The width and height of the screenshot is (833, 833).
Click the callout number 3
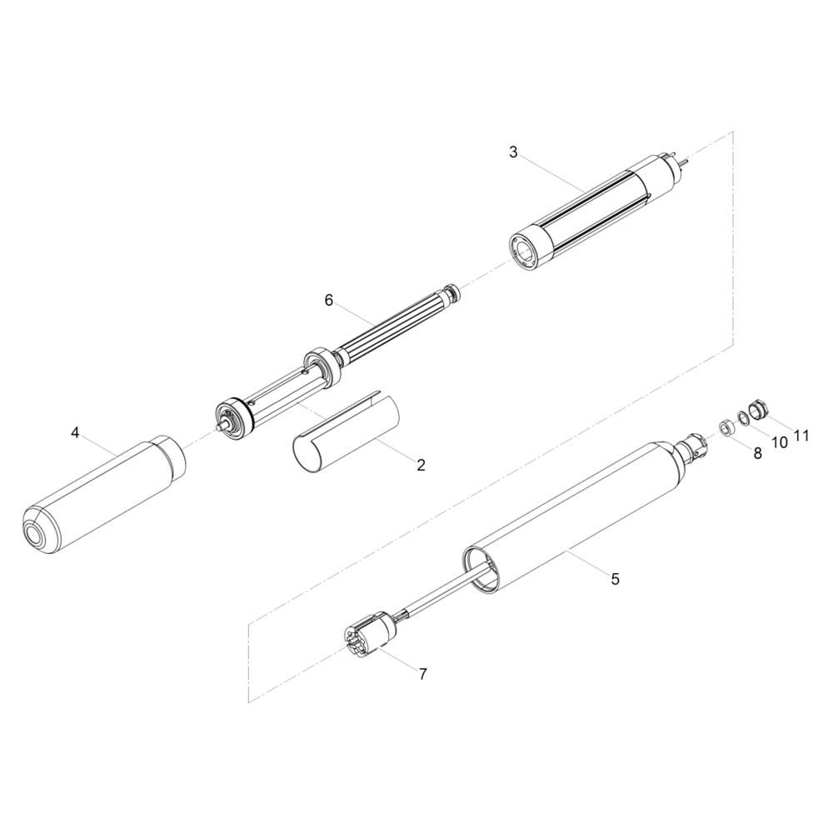[512, 152]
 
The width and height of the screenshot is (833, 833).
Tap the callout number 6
[329, 301]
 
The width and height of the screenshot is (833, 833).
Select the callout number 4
[75, 433]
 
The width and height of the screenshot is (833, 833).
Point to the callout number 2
[421, 466]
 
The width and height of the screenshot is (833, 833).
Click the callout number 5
[616, 579]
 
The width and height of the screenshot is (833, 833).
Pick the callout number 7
[422, 674]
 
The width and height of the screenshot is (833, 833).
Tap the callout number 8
[757, 453]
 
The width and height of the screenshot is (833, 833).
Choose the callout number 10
[780, 443]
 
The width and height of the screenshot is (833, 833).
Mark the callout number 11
[801, 436]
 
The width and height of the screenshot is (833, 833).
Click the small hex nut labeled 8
[726, 412]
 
